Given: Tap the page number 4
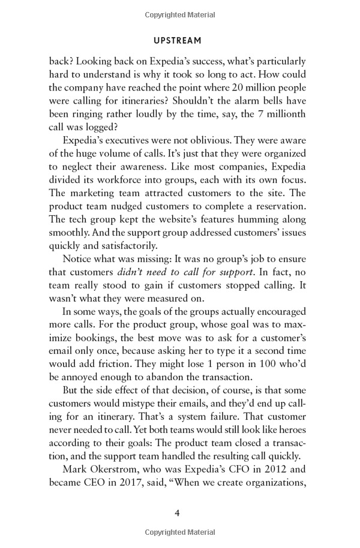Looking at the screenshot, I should pos(178,512).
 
